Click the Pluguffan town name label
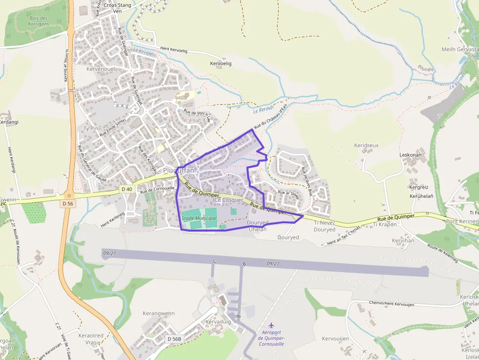tap(178, 170)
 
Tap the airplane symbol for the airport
tap(271, 325)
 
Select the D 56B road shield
tap(174, 339)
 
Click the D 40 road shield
tap(126, 189)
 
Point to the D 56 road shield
tap(67, 203)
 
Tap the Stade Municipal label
tap(199, 218)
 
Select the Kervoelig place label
tap(220, 64)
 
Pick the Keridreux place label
tap(366, 146)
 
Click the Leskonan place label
tap(411, 155)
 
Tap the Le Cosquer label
tap(229, 200)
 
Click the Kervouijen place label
tap(335, 339)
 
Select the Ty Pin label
tap(91, 128)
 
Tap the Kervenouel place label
tap(100, 69)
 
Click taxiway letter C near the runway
tap(214, 262)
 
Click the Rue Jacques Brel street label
tap(307, 176)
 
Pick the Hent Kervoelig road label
tap(174, 50)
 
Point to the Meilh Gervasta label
tap(459, 49)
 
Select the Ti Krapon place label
tap(385, 224)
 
